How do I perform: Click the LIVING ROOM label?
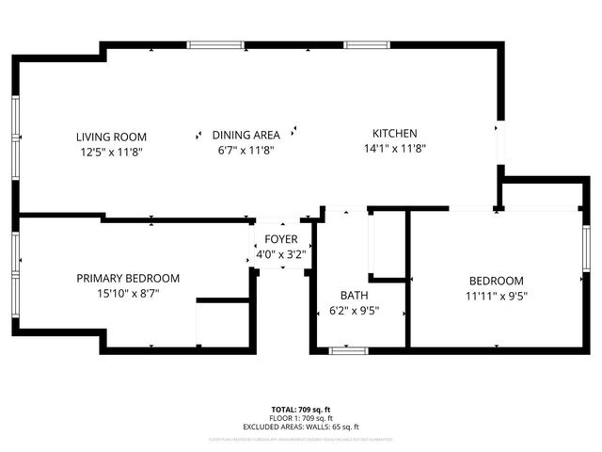[x=111, y=136]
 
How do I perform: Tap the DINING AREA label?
[x=246, y=135]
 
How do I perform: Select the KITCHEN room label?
[x=395, y=134]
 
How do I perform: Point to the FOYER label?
[x=281, y=239]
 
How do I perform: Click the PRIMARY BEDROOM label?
[x=128, y=278]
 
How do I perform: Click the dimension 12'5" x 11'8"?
[x=111, y=150]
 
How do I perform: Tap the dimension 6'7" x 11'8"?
[x=246, y=149]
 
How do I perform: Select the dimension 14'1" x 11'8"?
[x=395, y=148]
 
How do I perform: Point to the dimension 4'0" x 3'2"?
[x=281, y=253]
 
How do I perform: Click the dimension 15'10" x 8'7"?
[x=128, y=293]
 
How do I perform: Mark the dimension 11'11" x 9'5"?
[x=496, y=296]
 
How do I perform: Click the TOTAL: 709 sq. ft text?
[x=301, y=409]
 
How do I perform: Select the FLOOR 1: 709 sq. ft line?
[x=301, y=417]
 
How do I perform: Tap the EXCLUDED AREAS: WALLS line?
[x=301, y=427]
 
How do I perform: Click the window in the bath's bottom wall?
[x=349, y=351]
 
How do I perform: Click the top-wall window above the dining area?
[x=216, y=44]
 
